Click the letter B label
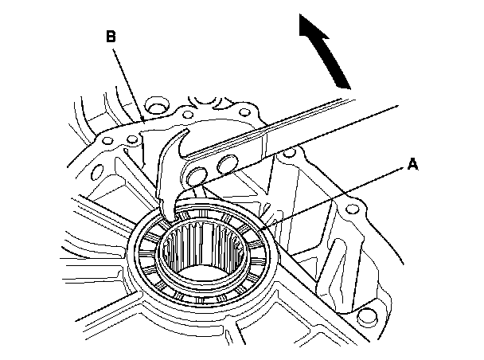pyautogui.click(x=110, y=37)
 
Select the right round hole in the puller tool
pyautogui.click(x=228, y=166)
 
